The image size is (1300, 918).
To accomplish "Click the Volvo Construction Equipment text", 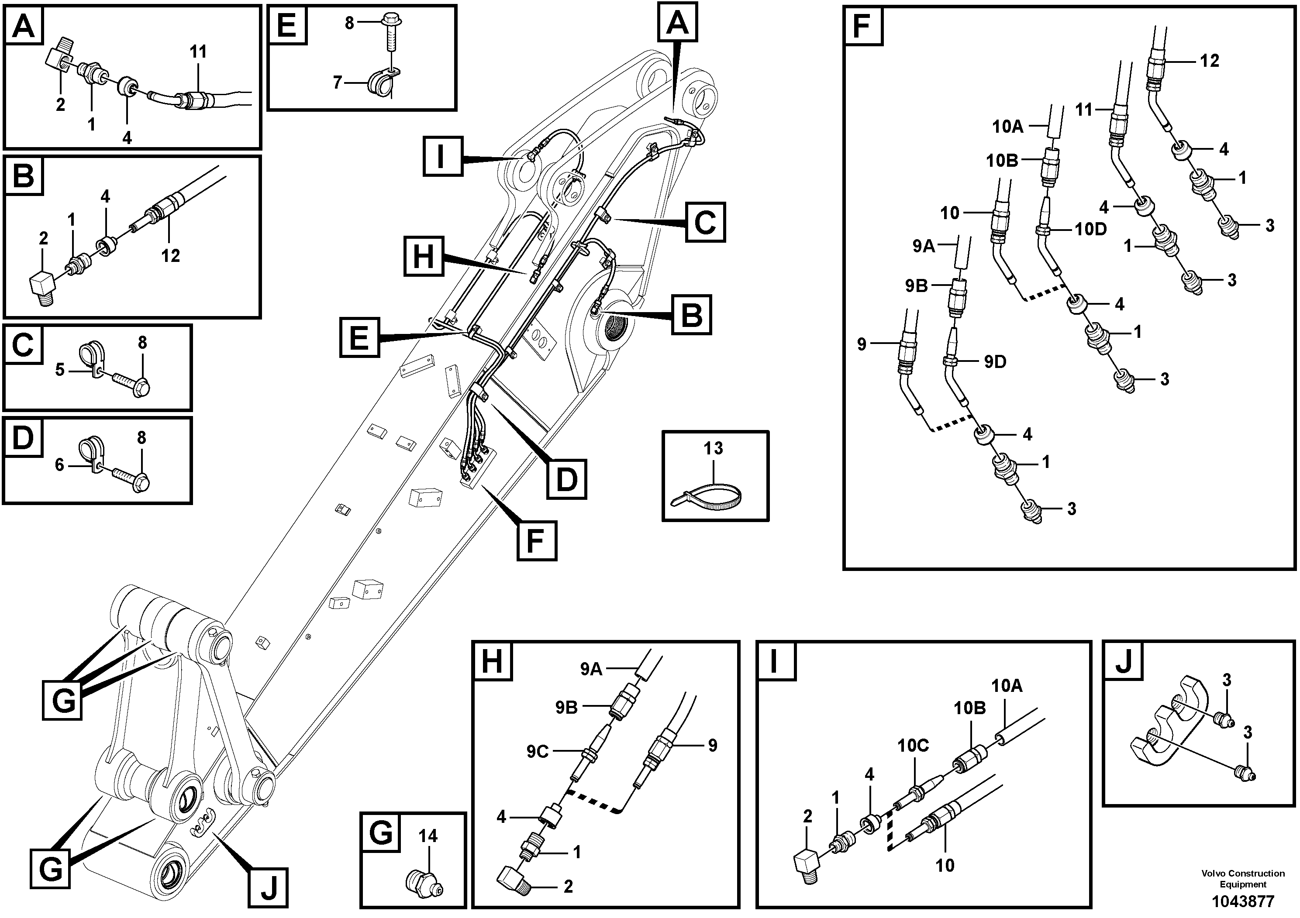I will [1243, 878].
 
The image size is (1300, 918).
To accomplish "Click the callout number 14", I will [428, 835].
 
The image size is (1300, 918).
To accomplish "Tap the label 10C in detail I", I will [912, 746].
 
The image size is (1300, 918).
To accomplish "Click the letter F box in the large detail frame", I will [863, 25].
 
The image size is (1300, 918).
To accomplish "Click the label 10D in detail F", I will [1090, 229].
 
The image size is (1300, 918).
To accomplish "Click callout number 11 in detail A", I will [198, 52].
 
